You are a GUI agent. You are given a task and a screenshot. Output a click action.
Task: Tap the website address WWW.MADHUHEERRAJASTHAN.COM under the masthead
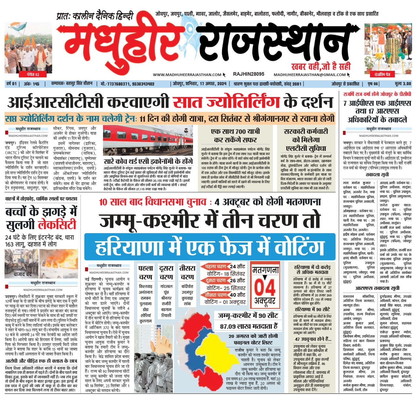(187, 75)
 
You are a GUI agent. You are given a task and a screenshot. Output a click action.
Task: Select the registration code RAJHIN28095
(248, 74)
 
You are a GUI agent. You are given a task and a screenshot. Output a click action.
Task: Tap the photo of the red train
(148, 140)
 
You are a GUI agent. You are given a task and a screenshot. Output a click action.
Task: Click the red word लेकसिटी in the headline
(57, 225)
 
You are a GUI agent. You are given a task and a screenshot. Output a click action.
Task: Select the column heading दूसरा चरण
(166, 273)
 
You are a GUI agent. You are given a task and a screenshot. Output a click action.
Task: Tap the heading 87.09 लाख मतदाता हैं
(248, 326)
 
